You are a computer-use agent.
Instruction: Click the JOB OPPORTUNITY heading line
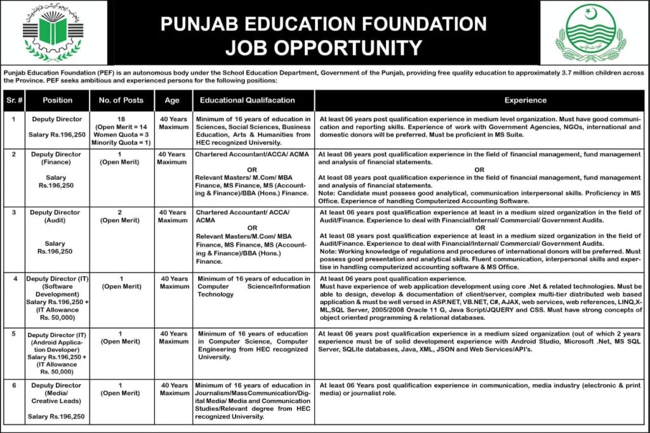coord(324,48)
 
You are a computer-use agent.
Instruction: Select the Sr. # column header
coord(14,100)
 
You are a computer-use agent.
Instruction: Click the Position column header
coord(57,100)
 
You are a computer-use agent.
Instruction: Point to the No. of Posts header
coord(121,100)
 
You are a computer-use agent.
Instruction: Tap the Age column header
coord(171,100)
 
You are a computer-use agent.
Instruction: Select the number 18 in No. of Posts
coord(121,119)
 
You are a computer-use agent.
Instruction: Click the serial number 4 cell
coord(14,279)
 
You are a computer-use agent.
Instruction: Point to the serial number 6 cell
coord(14,385)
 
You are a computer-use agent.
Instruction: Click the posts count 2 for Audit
coord(121,212)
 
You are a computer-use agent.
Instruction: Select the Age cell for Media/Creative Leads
coord(174,389)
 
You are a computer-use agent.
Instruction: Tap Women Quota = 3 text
coord(121,135)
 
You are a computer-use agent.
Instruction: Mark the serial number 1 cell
coord(14,119)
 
